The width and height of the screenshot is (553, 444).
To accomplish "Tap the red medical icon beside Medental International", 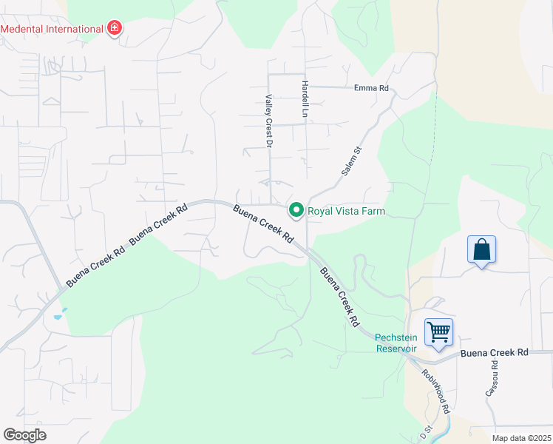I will pos(114,29).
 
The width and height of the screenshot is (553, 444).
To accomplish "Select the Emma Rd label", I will pos(371,88).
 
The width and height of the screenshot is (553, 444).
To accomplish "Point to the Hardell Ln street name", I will pos(304,101).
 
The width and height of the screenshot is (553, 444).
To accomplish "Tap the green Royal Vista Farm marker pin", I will pos(296,211).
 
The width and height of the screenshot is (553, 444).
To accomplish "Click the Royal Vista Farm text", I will pos(347,211).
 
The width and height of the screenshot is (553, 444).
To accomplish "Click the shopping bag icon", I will pos(481,249).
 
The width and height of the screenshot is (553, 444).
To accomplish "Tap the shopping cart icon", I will pos(438,332).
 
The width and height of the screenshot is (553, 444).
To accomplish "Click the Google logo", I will pos(25,435).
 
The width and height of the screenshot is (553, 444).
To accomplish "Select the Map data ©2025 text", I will pos(521,438).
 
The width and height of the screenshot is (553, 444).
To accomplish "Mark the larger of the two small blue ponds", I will pos(58,316).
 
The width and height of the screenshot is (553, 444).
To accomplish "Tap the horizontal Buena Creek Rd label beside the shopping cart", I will pos(495,353).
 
